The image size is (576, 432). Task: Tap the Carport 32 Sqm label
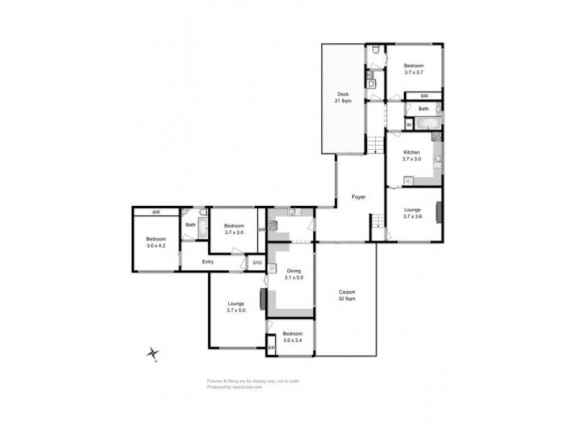(348, 295)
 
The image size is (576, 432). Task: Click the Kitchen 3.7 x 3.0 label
(411, 156)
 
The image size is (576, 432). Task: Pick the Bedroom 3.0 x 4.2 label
(156, 243)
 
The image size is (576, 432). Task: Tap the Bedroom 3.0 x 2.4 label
(293, 337)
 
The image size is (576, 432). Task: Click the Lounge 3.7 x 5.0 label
(236, 307)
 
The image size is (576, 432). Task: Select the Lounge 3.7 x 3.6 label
(413, 213)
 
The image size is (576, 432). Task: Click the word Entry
(208, 261)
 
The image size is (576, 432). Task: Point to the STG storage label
(257, 263)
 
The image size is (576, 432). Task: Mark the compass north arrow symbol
(153, 353)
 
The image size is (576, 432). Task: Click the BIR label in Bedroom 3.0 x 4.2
(156, 212)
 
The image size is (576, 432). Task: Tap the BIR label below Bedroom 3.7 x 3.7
(425, 95)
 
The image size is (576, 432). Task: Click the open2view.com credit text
(244, 387)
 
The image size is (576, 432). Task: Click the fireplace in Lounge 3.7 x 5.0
(263, 297)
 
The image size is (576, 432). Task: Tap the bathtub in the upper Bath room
(430, 123)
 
